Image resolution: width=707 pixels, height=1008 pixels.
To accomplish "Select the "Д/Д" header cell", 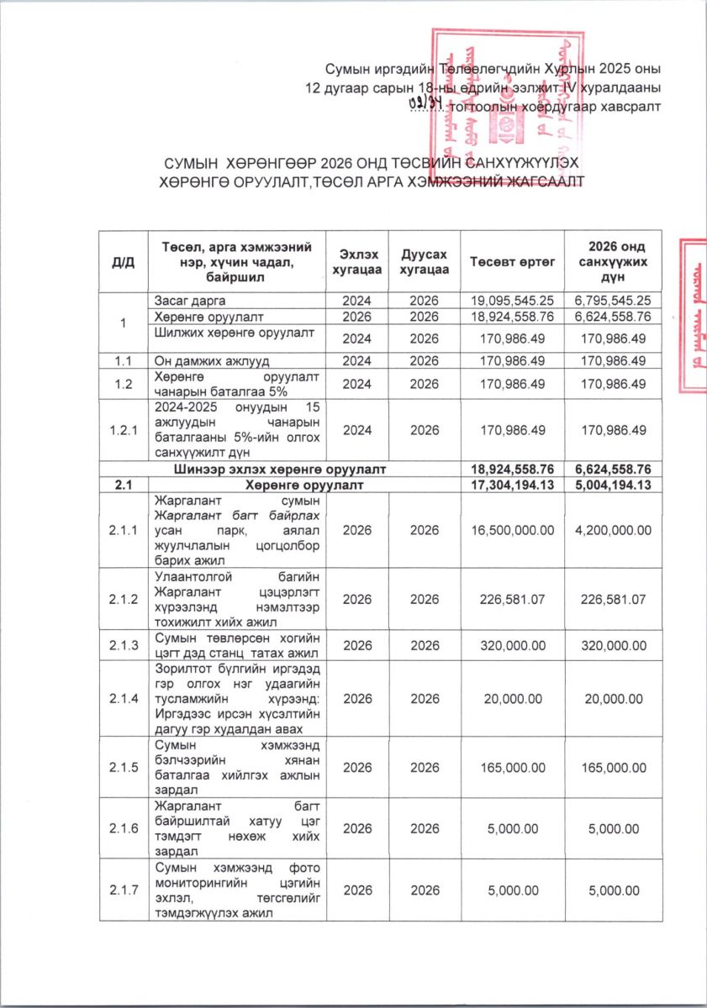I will [123, 261].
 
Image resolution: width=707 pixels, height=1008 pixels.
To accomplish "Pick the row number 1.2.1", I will [123, 429].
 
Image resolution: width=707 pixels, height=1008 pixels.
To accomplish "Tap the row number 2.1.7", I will [123, 890].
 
